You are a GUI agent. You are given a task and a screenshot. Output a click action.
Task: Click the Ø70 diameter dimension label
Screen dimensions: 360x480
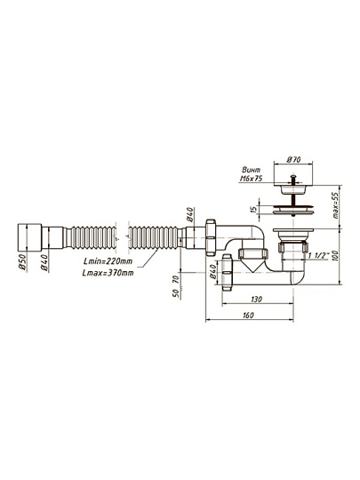pos(293,160)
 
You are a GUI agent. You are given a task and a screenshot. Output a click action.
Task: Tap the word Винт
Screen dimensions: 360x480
pos(252,170)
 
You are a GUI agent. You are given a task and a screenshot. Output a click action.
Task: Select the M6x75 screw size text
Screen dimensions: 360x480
pos(251,179)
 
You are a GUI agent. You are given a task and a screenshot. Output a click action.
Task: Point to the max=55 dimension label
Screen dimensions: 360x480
pos(336,205)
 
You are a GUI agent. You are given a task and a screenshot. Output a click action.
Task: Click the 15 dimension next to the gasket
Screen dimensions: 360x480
pos(253,210)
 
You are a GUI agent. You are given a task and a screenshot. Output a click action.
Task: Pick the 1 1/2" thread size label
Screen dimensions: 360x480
pos(318,256)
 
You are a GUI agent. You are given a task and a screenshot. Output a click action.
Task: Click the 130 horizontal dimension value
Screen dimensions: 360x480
pos(256,299)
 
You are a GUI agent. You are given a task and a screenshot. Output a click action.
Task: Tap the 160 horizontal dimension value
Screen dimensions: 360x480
pos(248,316)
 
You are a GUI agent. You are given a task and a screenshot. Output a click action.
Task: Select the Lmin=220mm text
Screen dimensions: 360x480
pos(108,261)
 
